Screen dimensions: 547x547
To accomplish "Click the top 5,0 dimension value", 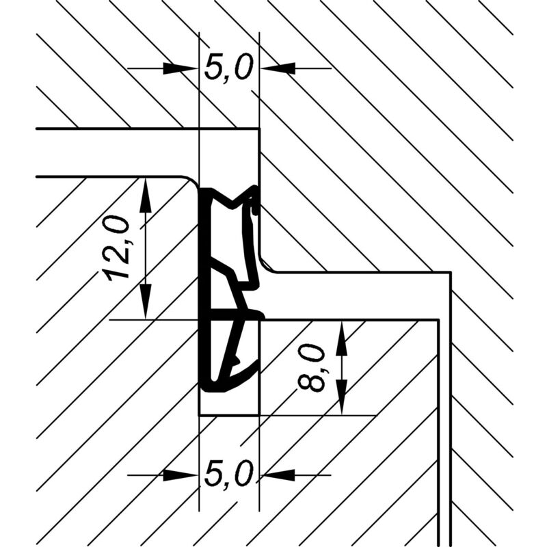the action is (228, 66).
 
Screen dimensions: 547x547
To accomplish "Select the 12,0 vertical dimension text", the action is (118, 248).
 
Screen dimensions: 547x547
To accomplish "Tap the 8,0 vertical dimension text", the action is (312, 367).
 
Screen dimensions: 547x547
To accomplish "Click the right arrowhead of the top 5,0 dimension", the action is (278, 68).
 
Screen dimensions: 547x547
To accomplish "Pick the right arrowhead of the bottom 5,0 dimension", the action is (278, 475).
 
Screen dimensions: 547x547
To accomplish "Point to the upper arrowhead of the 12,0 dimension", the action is (146, 196).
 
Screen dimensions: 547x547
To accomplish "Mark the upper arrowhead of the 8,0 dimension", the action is (341, 338).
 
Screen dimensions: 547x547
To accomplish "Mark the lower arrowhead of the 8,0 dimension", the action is (341, 398).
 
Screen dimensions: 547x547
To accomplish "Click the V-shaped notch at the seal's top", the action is (232, 202).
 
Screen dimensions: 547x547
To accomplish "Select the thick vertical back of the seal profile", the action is (204, 289).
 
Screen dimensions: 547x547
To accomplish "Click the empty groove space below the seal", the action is (229, 404).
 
